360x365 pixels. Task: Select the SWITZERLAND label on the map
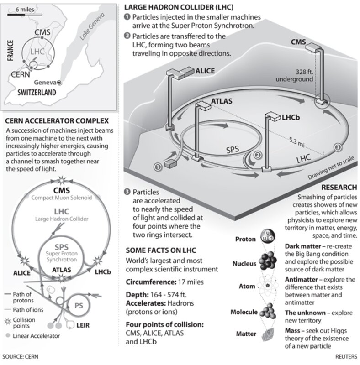pyautogui.click(x=37, y=92)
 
